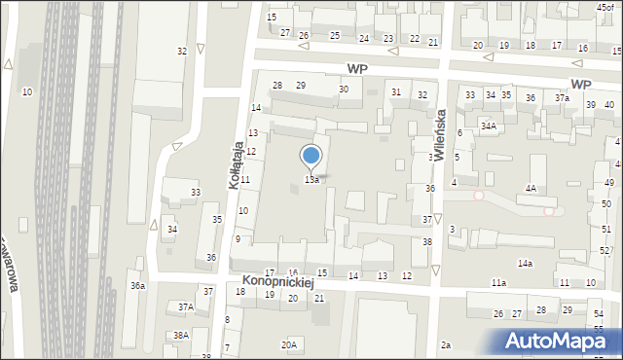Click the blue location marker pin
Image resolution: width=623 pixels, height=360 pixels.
tap(311, 157)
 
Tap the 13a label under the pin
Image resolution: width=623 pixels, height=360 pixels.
tap(311, 180)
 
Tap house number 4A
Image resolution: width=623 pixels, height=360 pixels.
tap(531, 188)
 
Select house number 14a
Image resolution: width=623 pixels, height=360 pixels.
tap(525, 264)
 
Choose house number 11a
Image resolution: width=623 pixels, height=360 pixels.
tap(498, 282)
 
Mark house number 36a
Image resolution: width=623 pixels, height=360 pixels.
tap(138, 285)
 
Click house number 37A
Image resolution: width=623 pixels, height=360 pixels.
tap(185, 306)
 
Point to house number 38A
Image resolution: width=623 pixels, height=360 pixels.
tap(180, 335)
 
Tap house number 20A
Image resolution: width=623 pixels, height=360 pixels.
tap(289, 344)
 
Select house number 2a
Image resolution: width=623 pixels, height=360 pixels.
tap(446, 344)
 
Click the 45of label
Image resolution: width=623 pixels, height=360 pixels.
tap(605, 8)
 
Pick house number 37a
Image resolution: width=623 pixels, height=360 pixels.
tap(562, 98)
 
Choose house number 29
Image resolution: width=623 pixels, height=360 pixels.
tap(301, 86)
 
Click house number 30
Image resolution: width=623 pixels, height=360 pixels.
tap(344, 90)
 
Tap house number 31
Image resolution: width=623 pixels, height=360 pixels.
tap(396, 91)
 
